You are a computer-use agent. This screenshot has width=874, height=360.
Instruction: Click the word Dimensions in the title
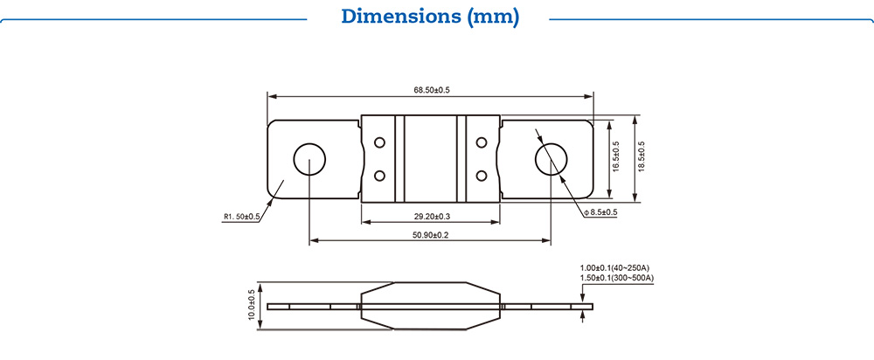[392, 17]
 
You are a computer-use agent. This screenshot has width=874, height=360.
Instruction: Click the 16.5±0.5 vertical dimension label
[615, 156]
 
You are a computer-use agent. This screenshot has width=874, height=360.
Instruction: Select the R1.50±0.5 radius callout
[242, 217]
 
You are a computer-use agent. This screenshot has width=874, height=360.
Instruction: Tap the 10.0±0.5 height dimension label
[253, 306]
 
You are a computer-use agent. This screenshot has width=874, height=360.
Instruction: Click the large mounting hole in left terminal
[309, 161]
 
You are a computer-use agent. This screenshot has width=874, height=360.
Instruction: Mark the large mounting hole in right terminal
[551, 161]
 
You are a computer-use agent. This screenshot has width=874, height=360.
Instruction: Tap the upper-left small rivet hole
[379, 142]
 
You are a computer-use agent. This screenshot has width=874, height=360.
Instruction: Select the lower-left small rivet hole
[379, 177]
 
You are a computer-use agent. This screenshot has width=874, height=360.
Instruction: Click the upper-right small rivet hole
[481, 142]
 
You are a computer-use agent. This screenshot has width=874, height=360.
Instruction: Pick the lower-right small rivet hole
[481, 177]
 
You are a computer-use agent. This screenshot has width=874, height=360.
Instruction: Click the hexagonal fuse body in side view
[430, 305]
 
